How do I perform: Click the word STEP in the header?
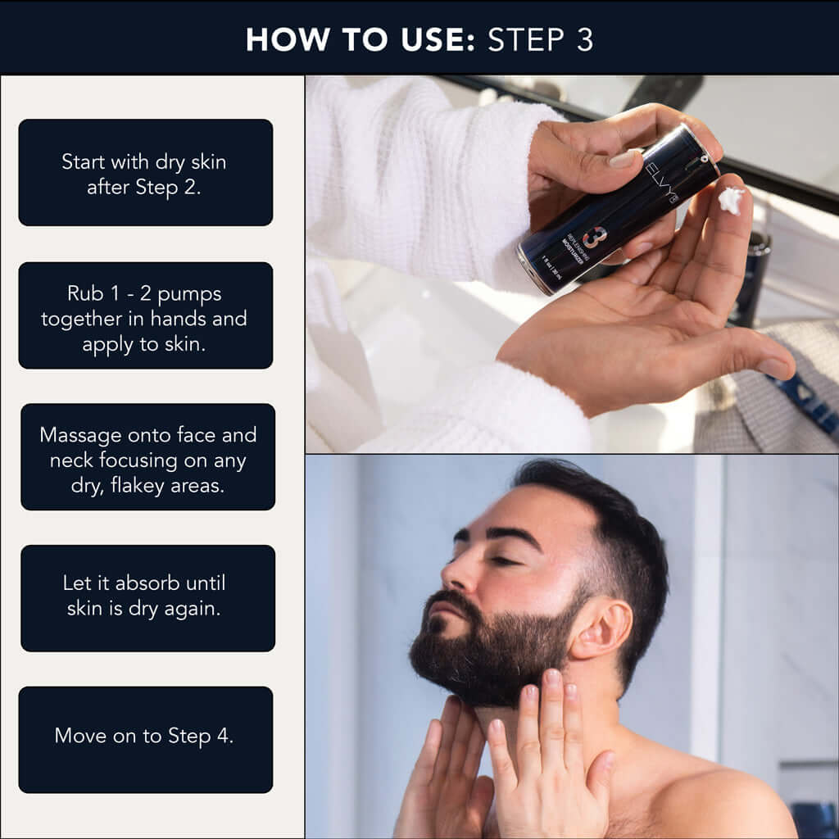[528, 39]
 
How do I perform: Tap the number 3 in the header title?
[584, 39]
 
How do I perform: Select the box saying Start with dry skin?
[145, 172]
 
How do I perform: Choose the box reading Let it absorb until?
[147, 597]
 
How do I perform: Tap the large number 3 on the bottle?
[596, 238]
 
